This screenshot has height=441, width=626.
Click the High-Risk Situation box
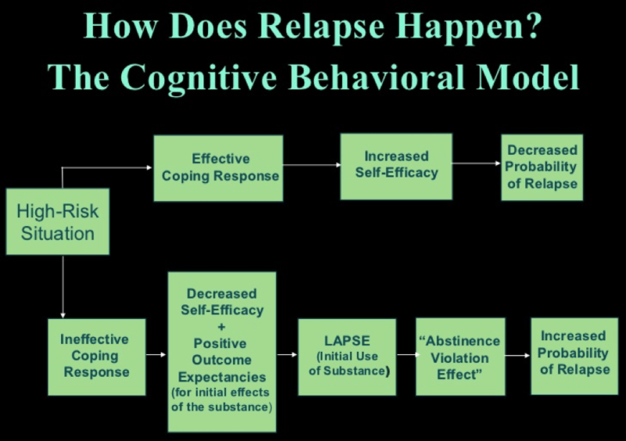click(x=57, y=221)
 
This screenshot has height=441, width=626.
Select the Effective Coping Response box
click(x=218, y=167)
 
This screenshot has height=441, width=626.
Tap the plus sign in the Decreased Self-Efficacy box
click(x=222, y=327)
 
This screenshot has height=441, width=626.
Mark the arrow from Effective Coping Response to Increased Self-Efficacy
click(x=311, y=165)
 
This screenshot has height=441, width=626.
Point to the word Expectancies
click(x=222, y=376)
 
